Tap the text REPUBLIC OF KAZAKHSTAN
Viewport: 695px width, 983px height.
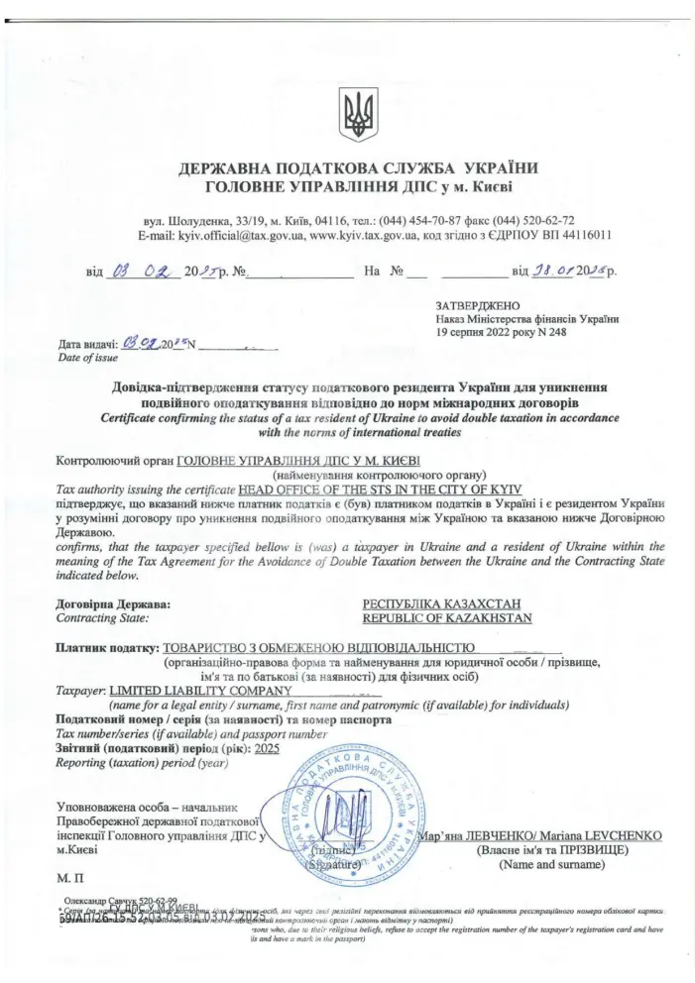point(448,618)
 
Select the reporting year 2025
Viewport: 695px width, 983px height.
point(267,750)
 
